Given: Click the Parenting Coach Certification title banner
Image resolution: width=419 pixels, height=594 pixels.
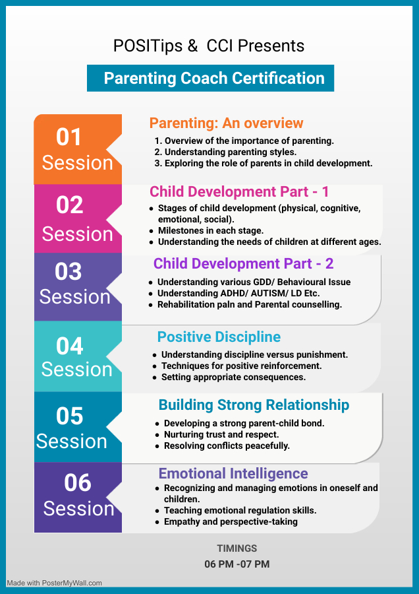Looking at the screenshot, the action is tap(210, 78).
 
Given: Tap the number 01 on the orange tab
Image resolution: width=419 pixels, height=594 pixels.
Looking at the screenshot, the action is tap(69, 137).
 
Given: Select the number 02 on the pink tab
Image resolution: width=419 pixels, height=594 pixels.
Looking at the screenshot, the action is tap(70, 205).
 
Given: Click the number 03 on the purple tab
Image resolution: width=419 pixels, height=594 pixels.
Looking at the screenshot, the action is tap(68, 271).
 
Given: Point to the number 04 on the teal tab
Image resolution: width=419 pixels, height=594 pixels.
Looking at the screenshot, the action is tap(70, 346).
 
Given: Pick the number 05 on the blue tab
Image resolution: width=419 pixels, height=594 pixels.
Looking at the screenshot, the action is tap(70, 416).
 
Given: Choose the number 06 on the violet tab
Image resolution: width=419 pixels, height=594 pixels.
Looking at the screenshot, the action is tap(78, 482).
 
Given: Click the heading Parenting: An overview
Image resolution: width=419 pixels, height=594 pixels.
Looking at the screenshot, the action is tap(226, 123).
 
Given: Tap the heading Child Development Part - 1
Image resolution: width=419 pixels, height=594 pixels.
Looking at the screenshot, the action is tap(239, 191).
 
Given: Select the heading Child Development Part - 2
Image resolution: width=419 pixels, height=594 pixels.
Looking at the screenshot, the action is tap(243, 263).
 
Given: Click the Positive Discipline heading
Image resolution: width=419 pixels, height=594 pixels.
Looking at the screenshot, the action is tap(219, 337).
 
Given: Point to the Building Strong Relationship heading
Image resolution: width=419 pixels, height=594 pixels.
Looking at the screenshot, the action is tap(254, 405).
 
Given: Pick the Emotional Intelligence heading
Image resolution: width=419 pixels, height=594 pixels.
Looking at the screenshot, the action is tap(233, 473).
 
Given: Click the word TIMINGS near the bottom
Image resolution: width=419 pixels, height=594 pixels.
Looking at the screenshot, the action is tap(237, 548).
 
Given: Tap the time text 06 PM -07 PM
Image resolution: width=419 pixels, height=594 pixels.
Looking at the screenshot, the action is tap(237, 564).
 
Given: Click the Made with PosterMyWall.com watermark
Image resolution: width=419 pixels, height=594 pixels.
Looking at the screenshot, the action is tap(54, 583).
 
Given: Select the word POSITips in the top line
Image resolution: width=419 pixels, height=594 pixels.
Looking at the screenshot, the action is tap(148, 46).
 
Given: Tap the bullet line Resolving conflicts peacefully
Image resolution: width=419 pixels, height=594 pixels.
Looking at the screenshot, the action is tap(227, 446).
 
